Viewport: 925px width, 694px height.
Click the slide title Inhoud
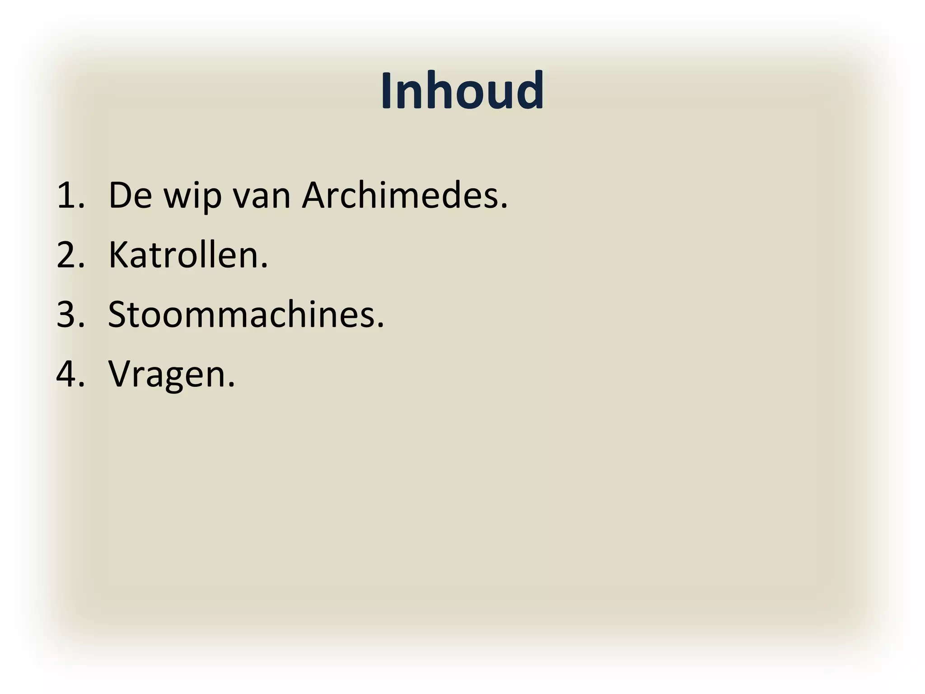click(x=462, y=90)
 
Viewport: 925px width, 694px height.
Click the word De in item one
click(x=130, y=196)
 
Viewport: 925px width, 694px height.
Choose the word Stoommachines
click(x=242, y=315)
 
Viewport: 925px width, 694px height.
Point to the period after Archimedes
click(x=504, y=207)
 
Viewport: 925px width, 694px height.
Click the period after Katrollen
click(x=264, y=266)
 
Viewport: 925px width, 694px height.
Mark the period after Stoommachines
click(x=380, y=325)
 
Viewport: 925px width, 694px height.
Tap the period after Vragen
click(x=231, y=385)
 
